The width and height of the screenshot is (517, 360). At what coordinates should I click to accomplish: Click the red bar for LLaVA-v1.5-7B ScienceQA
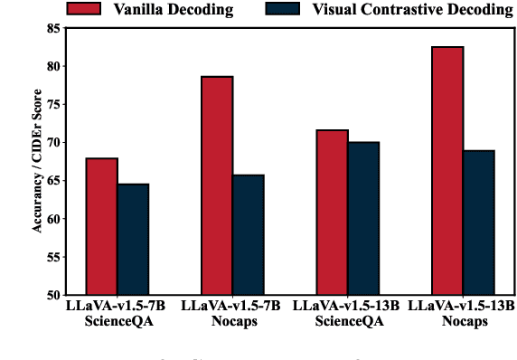click(x=101, y=226)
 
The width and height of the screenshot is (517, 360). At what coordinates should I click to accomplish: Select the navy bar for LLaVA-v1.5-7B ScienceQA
click(x=133, y=239)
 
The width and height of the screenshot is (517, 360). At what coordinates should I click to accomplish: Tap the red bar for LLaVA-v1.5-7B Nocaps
click(x=217, y=185)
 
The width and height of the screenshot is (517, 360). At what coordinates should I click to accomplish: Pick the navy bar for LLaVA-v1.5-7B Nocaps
click(x=248, y=234)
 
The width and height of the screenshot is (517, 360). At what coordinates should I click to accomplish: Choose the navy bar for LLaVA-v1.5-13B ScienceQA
click(x=362, y=218)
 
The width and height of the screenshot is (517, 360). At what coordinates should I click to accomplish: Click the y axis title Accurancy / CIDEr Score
click(x=37, y=162)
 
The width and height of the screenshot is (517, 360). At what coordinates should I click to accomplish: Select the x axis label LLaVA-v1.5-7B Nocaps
click(x=232, y=314)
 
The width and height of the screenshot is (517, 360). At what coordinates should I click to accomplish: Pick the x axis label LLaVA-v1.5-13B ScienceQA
click(x=347, y=314)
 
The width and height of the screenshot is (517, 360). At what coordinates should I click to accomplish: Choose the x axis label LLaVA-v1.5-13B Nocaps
click(x=462, y=314)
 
